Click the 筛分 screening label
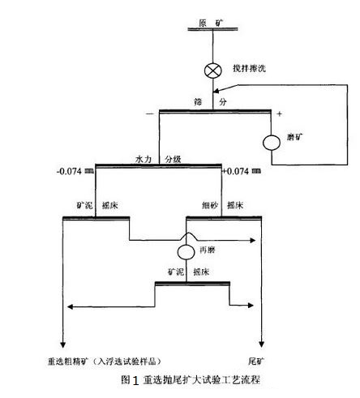click(210, 102)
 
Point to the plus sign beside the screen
click(280, 113)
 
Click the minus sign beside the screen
click(149, 113)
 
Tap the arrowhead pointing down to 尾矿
click(260, 340)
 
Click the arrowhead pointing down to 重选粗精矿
click(63, 340)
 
